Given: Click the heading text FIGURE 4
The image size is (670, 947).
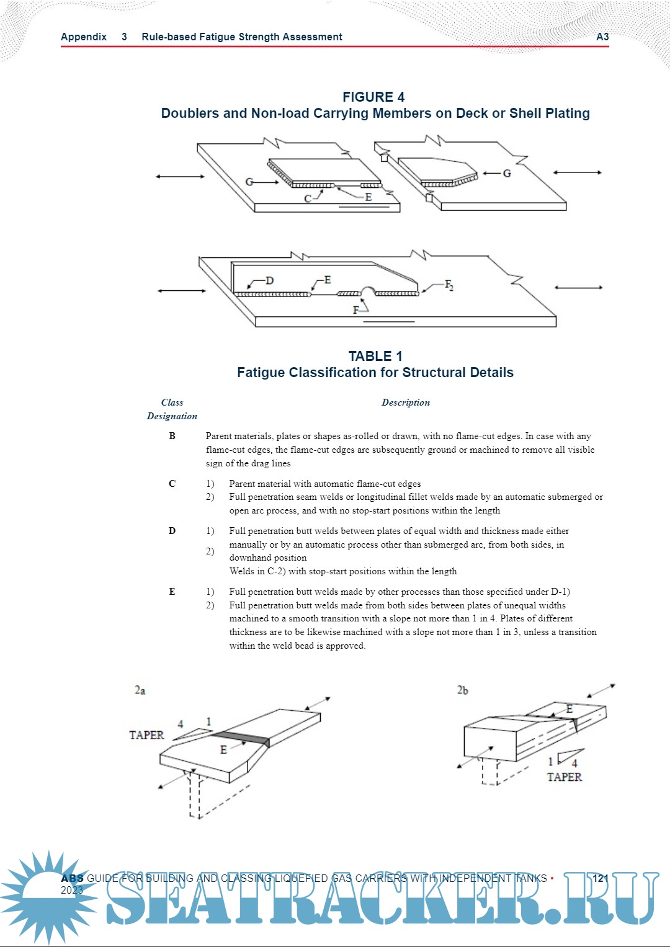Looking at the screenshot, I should click(373, 97).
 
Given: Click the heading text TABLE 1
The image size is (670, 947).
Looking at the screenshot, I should click(375, 357).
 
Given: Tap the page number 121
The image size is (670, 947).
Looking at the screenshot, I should click(600, 878).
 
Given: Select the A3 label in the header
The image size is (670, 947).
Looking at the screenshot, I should click(602, 37).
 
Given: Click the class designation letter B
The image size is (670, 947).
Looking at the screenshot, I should click(172, 436).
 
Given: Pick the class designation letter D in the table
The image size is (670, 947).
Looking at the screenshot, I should click(172, 531).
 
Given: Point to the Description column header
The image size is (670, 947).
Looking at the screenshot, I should click(405, 402).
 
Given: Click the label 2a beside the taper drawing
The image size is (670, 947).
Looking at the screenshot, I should click(140, 690).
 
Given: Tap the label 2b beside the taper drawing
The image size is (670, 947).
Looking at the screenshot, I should click(463, 690).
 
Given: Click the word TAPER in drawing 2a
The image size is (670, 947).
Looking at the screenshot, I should click(146, 736).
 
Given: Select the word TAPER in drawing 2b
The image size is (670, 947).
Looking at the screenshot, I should click(564, 777).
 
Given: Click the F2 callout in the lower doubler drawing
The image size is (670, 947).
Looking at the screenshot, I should click(449, 285).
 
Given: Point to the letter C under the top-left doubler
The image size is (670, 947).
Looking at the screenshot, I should click(308, 198).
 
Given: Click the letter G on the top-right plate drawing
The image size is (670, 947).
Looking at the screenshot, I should click(507, 174).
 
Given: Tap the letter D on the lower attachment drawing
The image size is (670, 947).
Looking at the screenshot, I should click(269, 281).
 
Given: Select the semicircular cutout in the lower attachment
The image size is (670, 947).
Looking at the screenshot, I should click(367, 291).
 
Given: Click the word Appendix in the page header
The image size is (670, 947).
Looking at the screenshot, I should click(84, 37).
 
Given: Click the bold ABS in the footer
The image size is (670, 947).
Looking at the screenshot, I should click(72, 878).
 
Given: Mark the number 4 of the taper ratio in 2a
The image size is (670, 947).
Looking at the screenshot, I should click(181, 724).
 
